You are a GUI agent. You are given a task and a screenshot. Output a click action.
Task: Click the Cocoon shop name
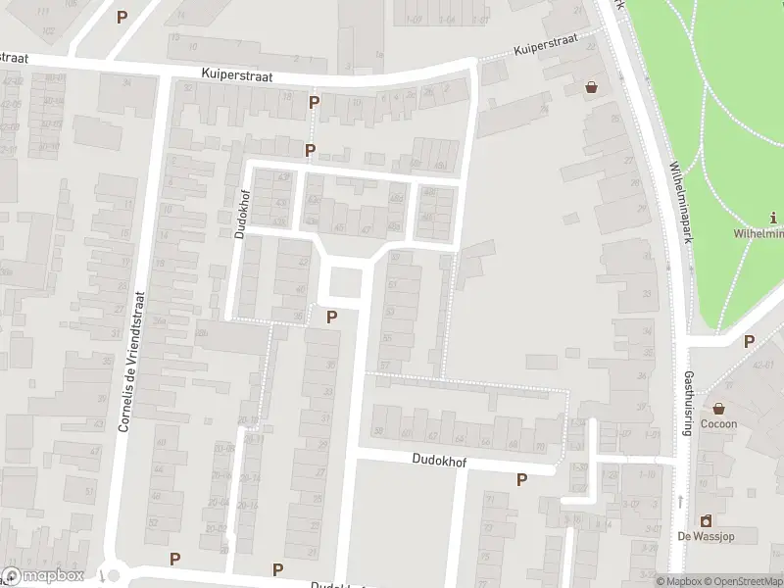pos(718,423)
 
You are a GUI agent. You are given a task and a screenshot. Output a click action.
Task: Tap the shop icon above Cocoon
pos(718,408)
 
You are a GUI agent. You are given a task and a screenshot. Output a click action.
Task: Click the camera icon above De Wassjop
pos(704,520)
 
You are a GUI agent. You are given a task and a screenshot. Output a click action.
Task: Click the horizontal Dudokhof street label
pos(438,459)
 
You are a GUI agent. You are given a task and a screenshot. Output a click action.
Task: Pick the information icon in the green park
pos(774,218)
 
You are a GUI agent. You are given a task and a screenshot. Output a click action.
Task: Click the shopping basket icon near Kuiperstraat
pos(591,87)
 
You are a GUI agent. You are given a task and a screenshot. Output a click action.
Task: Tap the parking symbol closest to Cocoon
pos(749,341)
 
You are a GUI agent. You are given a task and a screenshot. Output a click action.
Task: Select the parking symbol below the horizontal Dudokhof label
pos(521,479)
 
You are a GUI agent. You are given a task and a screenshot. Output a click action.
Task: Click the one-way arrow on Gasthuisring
pos(680,501)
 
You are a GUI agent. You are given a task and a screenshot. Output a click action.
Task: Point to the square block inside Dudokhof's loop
pos(345,283)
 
